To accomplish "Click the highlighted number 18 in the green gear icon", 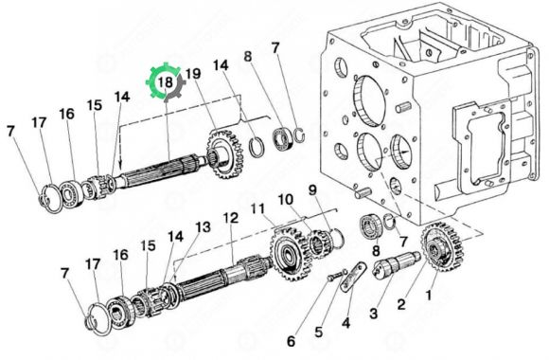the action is click(166, 82).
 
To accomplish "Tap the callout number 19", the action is click(193, 74).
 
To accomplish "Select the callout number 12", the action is click(231, 218).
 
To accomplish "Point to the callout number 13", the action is click(204, 227).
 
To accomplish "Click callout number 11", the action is click(258, 209).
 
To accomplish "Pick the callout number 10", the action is click(286, 200).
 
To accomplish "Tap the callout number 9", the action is click(312, 190).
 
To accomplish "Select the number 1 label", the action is click(428, 296).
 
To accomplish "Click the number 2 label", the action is click(401, 304).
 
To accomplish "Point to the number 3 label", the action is click(374, 314).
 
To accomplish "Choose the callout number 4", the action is click(345, 323).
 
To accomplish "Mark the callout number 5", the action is click(319, 332).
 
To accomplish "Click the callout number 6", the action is click(292, 341).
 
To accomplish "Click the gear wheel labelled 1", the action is click(442, 247).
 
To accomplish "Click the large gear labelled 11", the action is click(290, 253).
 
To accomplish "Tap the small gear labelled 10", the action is click(320, 243).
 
